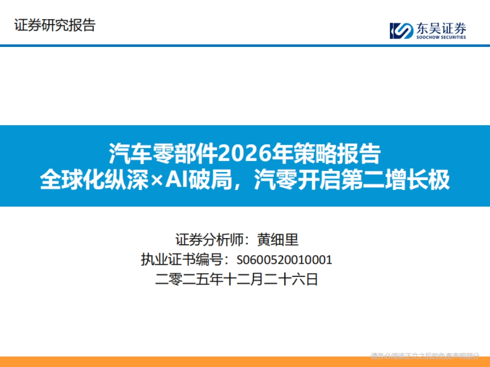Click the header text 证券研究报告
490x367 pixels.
coord(55,25)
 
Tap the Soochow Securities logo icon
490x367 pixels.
coord(401,31)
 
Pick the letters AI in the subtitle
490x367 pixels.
coord(175,180)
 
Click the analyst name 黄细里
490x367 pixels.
coord(278,239)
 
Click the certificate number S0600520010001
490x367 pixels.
coord(284,260)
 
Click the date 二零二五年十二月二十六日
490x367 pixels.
coord(236,280)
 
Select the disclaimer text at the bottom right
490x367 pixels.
coord(425,356)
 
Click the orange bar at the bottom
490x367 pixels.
coord(184,362)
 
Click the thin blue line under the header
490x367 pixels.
coord(245,45)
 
